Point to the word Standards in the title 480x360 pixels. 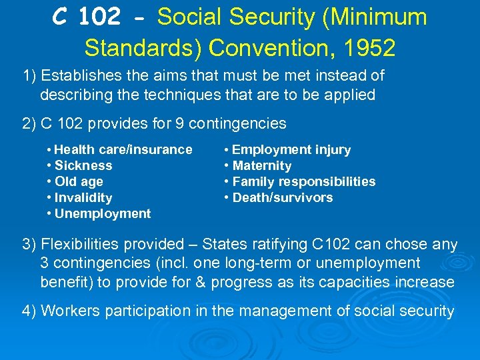coord(143,47)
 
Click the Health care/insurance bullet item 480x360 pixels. coord(123,149)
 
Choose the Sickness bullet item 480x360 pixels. coord(83,165)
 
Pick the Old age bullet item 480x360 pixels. coord(79,181)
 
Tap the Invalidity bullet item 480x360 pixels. coord(83,197)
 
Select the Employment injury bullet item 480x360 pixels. coord(291,149)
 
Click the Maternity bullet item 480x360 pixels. coord(261,165)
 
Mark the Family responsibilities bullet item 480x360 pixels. coord(303,181)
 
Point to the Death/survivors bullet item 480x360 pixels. coord(282,197)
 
